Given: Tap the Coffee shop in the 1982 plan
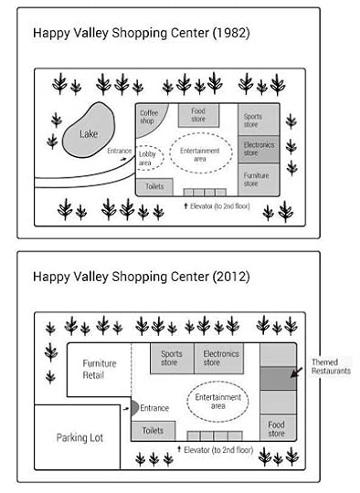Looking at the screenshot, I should pyautogui.click(x=150, y=117).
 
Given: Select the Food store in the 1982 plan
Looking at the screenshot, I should pyautogui.click(x=198, y=115).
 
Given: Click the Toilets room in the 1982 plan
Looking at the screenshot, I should pyautogui.click(x=154, y=186).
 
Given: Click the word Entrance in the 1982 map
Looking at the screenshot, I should pyautogui.click(x=120, y=151).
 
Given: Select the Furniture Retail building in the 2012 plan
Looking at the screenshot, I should pyautogui.click(x=100, y=369).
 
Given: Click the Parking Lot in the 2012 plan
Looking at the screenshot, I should pyautogui.click(x=80, y=437).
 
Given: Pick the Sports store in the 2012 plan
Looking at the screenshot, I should pyautogui.click(x=171, y=358).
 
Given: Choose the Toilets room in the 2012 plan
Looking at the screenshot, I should pyautogui.click(x=154, y=430).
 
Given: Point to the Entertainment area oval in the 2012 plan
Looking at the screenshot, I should pyautogui.click(x=218, y=403).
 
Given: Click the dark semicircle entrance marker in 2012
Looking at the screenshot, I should pyautogui.click(x=135, y=408).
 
